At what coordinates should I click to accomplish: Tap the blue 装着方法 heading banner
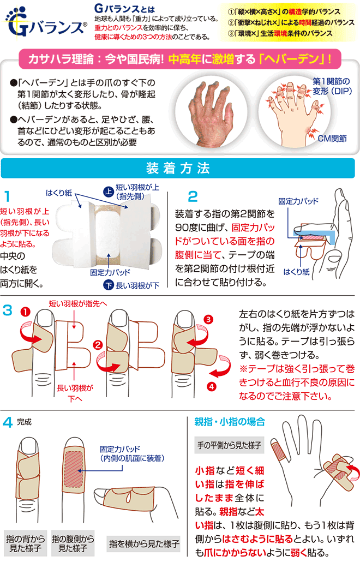tap(178, 168)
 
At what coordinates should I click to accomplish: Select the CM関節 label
tap(332, 139)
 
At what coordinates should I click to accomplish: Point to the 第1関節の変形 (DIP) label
tap(332, 86)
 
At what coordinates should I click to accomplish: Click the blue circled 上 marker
tap(109, 192)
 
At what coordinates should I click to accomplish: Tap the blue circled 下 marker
tap(108, 285)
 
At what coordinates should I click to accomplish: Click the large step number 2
tap(193, 196)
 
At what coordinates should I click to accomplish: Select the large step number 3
tap(7, 310)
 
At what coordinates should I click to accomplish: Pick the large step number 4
tap(8, 422)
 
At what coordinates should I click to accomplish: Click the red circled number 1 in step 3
tap(26, 312)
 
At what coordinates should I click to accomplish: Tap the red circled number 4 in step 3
tap(212, 387)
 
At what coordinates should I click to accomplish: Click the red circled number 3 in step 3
tap(208, 319)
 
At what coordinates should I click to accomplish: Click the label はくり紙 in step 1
tap(59, 193)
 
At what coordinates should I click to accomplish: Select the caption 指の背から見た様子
tap(26, 543)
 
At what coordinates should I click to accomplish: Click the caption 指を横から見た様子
tap(144, 543)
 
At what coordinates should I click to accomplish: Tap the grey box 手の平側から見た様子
tap(229, 445)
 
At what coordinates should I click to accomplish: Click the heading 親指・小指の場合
tap(230, 421)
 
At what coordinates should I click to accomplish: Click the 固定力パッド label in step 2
tap(298, 201)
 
